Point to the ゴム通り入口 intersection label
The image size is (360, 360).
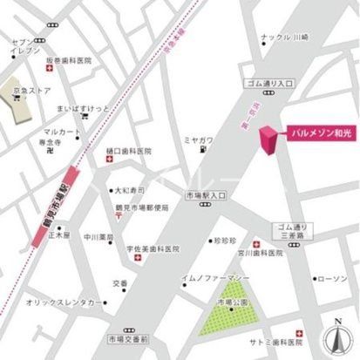click(x=271, y=83)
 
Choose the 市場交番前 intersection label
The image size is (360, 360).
click(x=128, y=336)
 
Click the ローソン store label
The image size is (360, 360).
click(x=331, y=280)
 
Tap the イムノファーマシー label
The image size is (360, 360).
click(x=216, y=277)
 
